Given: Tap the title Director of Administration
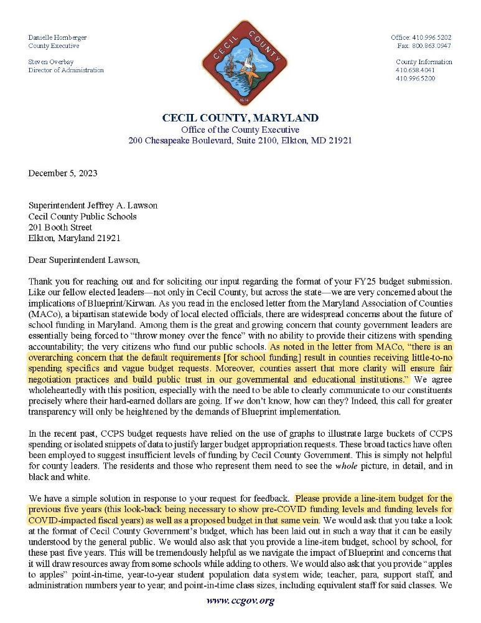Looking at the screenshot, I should click(x=66, y=70).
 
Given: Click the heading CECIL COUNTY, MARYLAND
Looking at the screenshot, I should click(x=240, y=118).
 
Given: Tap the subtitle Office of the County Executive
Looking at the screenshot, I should click(x=240, y=130).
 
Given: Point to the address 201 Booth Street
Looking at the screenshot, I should click(x=60, y=227).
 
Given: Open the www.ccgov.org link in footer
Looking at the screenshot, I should click(x=240, y=601).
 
